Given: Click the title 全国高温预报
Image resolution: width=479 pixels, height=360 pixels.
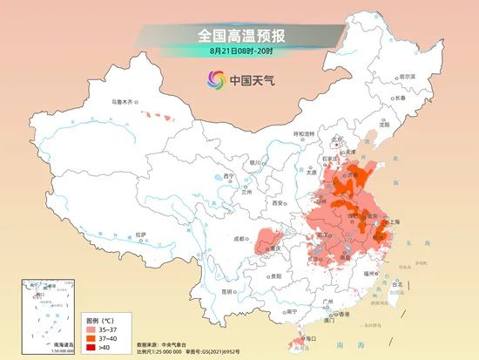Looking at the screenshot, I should tap(239, 35).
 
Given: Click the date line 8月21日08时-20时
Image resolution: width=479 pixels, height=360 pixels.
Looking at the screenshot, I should tap(239, 51).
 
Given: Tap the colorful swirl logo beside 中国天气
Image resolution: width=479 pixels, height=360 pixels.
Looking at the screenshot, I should tap(214, 80).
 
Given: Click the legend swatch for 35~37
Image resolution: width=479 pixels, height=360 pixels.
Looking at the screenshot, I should tap(91, 330).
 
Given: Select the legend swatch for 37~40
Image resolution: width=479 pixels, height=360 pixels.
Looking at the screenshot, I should tap(91, 339).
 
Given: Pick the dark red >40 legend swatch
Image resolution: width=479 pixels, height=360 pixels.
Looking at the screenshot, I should tap(91, 348).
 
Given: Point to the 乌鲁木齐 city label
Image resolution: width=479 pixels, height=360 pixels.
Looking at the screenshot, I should tap(124, 102).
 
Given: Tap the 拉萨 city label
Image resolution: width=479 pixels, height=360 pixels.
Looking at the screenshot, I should tap(141, 234).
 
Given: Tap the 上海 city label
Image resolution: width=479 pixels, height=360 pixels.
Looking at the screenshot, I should tap(393, 221).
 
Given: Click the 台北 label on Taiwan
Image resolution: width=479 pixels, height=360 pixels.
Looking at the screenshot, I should tap(398, 284).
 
